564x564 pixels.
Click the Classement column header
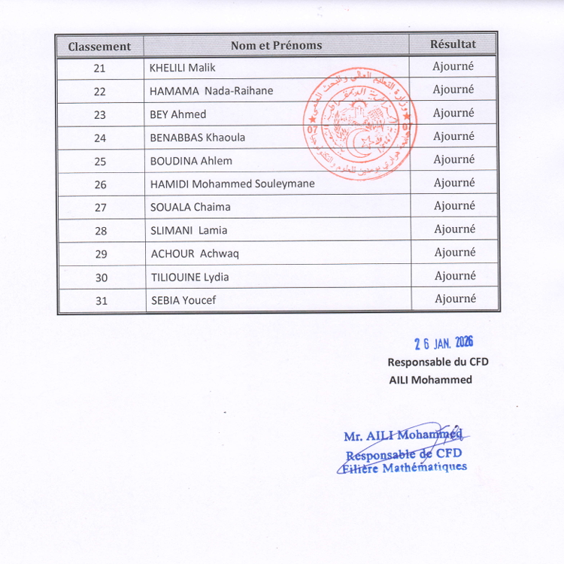click(99, 46)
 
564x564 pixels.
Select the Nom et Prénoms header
click(276, 45)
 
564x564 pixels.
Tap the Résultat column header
click(453, 44)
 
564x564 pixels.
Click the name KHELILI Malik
click(182, 68)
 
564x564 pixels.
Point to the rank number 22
click(100, 91)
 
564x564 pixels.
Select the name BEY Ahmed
click(177, 114)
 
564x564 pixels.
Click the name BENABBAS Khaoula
click(197, 138)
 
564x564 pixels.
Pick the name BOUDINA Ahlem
click(191, 161)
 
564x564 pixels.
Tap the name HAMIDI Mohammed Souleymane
click(232, 184)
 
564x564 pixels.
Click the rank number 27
click(101, 208)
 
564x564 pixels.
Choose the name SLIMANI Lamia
click(189, 231)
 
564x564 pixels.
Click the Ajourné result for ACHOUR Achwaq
click(455, 253)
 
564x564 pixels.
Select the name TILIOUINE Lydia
click(190, 277)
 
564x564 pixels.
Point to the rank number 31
click(102, 301)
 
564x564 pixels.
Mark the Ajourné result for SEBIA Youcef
click(455, 299)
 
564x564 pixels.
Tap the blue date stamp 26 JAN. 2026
click(444, 343)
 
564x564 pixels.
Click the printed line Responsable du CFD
click(438, 362)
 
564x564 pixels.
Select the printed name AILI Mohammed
click(431, 380)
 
